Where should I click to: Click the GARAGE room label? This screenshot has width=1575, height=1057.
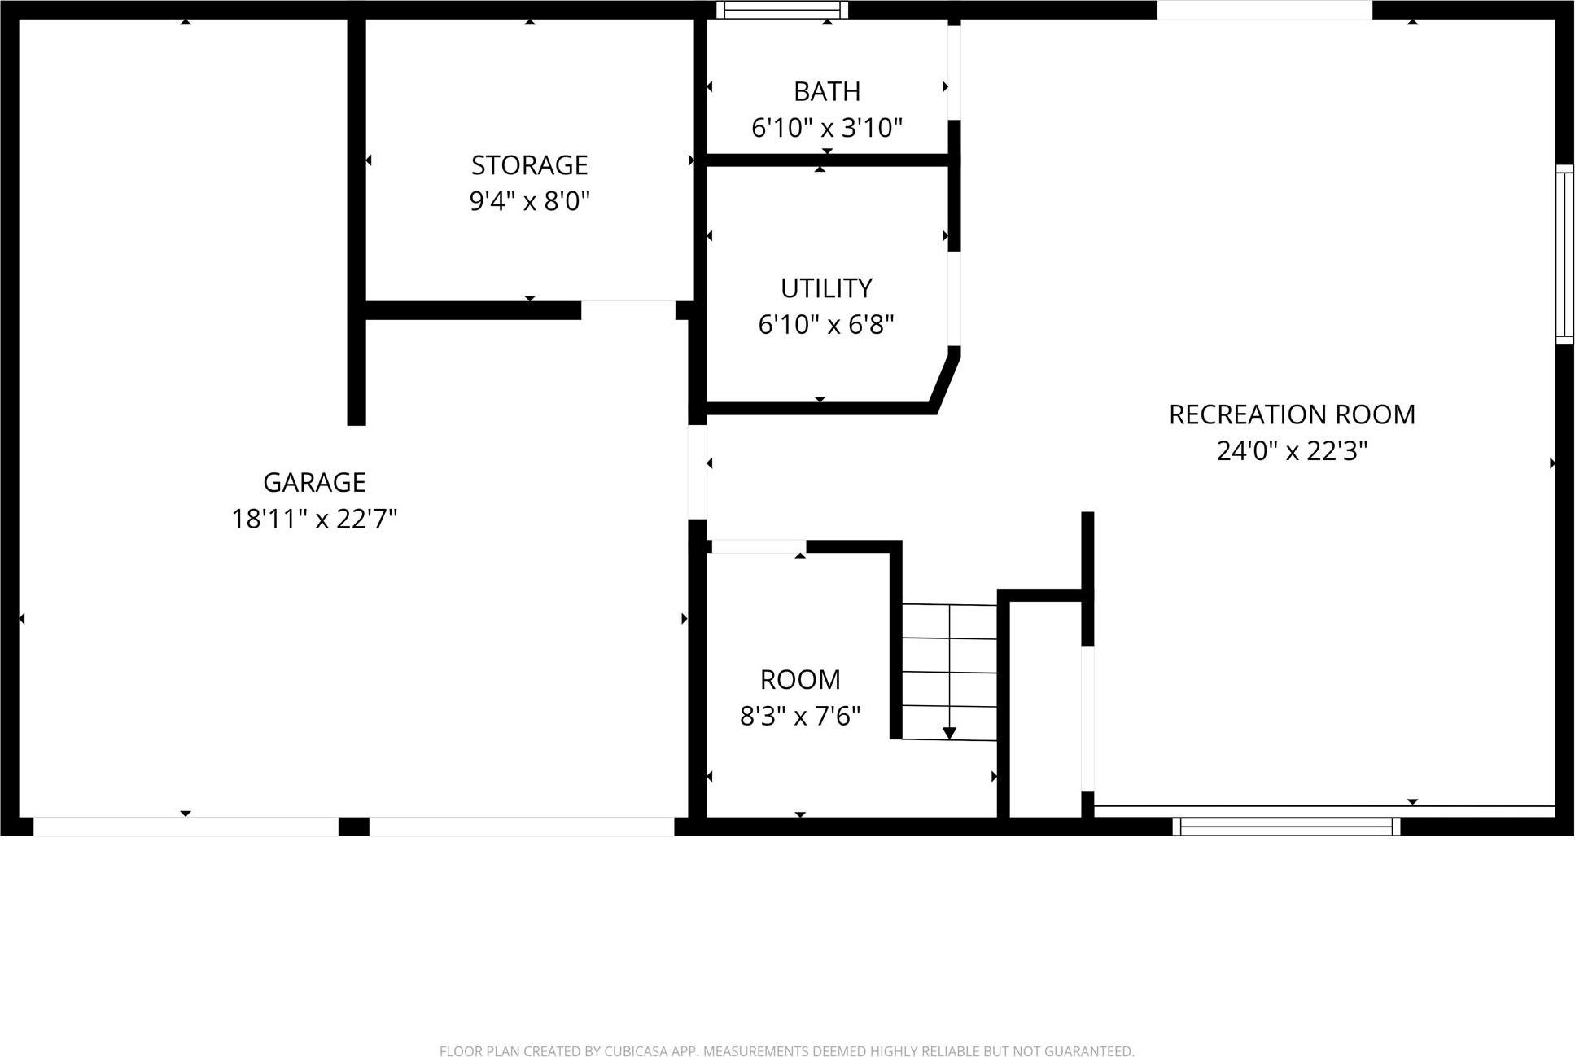click(x=314, y=482)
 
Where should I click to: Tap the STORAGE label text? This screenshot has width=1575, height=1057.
click(x=529, y=165)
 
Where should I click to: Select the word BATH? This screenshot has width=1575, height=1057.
click(x=826, y=91)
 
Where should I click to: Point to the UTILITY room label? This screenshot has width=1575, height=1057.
click(x=826, y=288)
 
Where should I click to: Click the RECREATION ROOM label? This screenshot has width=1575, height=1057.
click(x=1292, y=414)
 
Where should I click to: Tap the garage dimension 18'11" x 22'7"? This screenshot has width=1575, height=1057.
click(x=314, y=519)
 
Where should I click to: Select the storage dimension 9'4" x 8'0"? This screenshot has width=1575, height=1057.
click(x=529, y=201)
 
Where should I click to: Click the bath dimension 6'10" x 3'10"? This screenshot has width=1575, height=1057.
click(x=826, y=128)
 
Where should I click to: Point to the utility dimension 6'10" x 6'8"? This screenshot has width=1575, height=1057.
click(x=826, y=325)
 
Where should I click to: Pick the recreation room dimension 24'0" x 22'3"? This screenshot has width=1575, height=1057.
click(x=1292, y=451)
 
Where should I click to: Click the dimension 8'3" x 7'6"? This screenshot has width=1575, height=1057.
click(x=799, y=716)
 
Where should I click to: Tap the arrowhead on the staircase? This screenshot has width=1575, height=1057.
click(x=949, y=733)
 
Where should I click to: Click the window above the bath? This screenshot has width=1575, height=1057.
click(x=781, y=10)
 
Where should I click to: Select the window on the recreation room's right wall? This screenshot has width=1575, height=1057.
click(x=1564, y=254)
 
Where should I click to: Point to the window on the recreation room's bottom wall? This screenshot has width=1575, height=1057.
click(x=1286, y=827)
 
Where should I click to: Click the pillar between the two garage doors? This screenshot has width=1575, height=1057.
click(x=353, y=827)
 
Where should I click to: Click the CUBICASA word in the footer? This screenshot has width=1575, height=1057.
click(x=637, y=1051)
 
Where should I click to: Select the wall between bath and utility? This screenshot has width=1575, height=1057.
click(x=826, y=160)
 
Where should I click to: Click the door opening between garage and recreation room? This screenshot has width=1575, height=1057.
click(x=698, y=472)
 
